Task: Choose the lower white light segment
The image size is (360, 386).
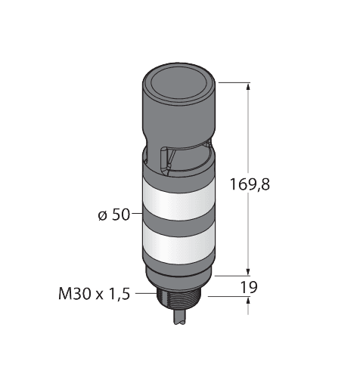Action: pos(179,245)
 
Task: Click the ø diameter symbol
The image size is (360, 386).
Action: pos(101,216)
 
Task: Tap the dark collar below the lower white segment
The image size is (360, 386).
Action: pos(179,268)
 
